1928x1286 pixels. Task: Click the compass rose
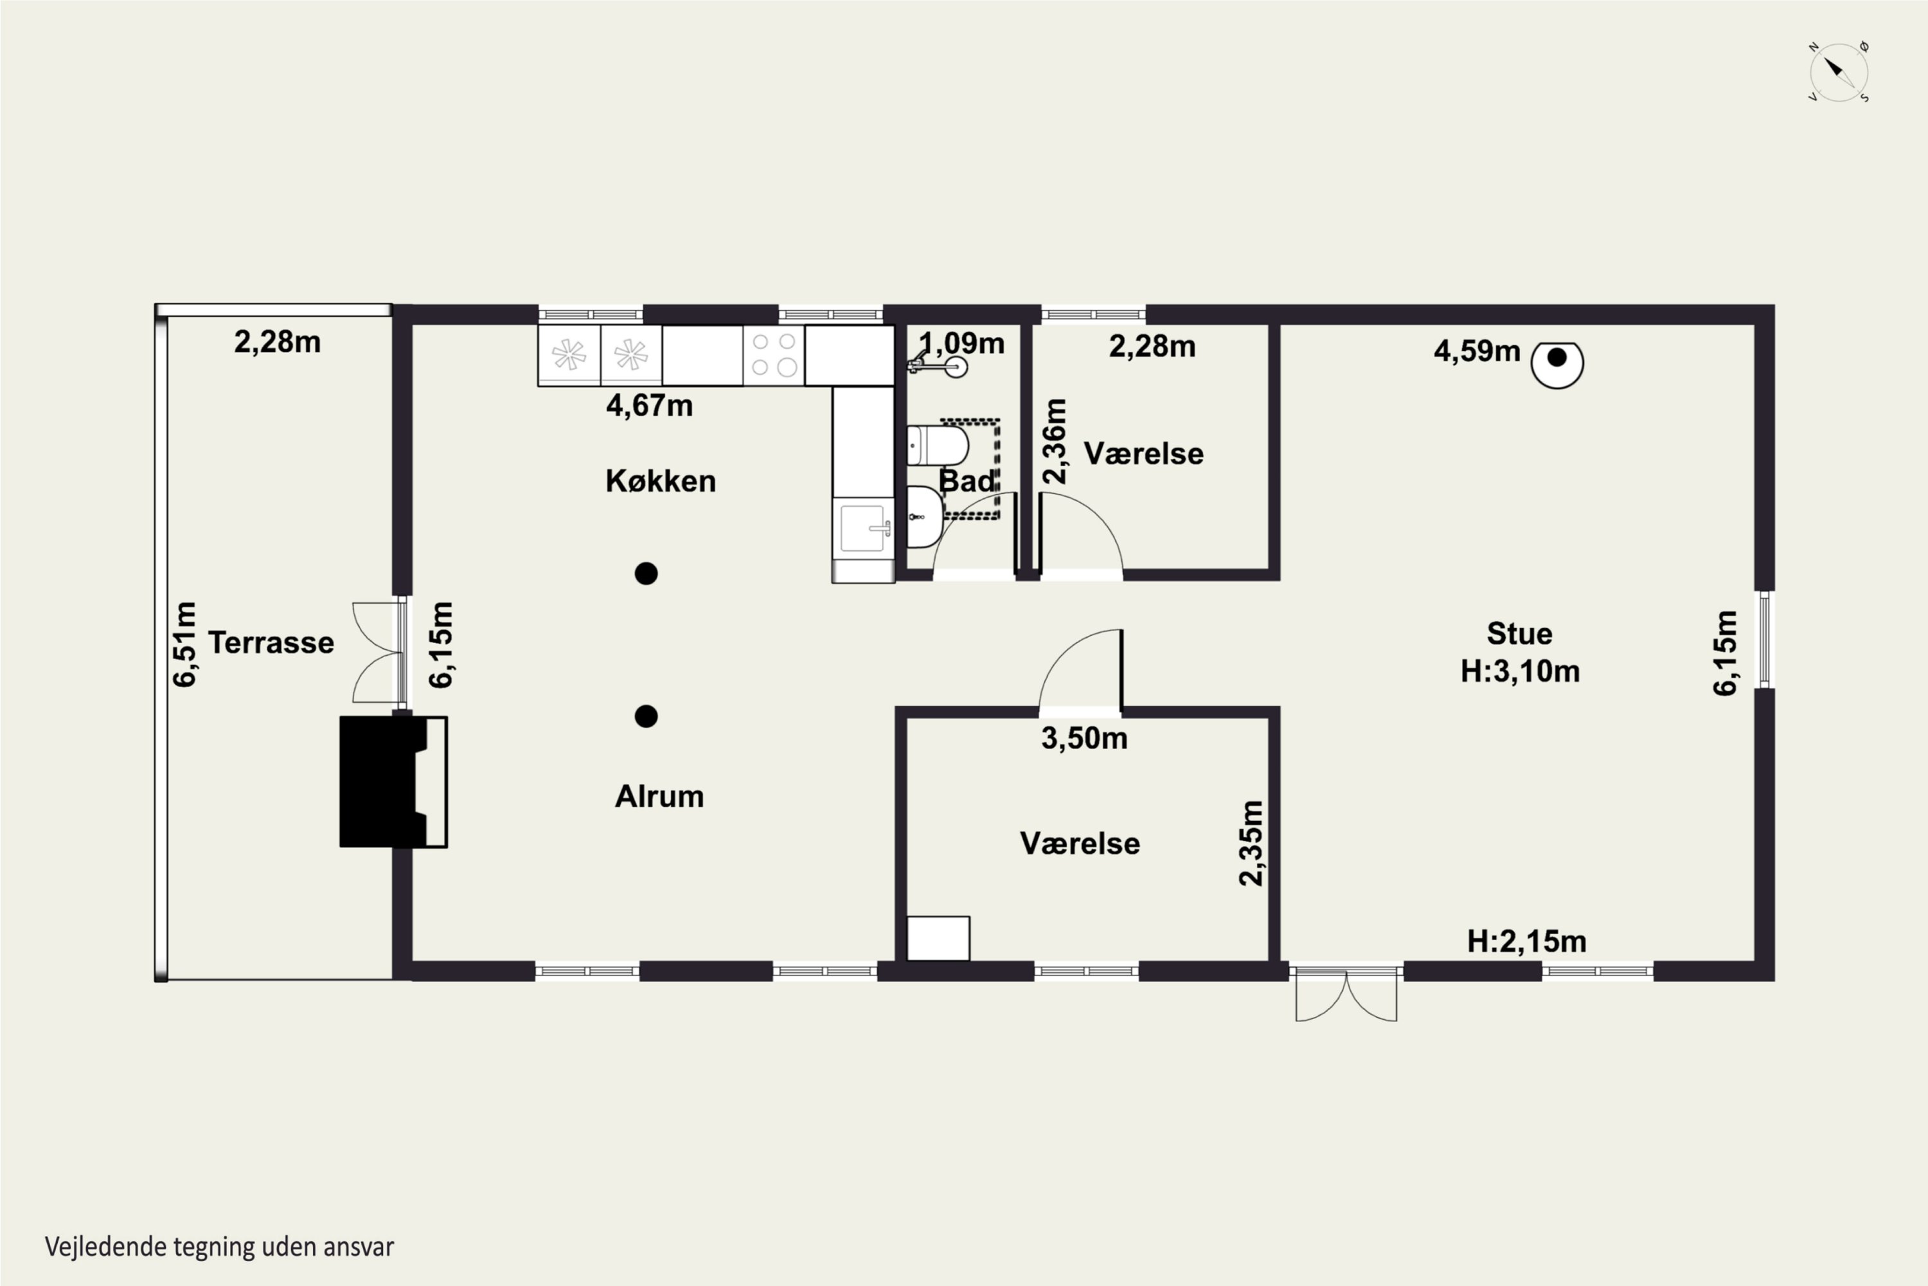click(x=1839, y=72)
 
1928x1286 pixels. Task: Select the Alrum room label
click(x=659, y=797)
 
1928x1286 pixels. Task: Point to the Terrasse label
click(x=271, y=643)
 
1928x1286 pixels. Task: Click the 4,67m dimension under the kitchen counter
click(x=649, y=406)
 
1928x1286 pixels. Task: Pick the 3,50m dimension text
click(x=1085, y=739)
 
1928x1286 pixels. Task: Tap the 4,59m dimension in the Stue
click(x=1477, y=352)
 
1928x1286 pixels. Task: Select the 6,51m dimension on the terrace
click(x=185, y=644)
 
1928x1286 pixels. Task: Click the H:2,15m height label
click(x=1526, y=941)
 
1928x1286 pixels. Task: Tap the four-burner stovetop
click(x=774, y=355)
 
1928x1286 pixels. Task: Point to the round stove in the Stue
click(x=1557, y=364)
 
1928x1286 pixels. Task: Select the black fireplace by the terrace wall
click(x=393, y=782)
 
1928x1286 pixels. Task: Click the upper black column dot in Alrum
click(x=646, y=574)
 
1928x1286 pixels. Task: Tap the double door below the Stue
click(x=1346, y=994)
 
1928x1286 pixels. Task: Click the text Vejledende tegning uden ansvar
click(x=220, y=1247)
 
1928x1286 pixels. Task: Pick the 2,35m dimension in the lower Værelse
click(x=1251, y=843)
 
